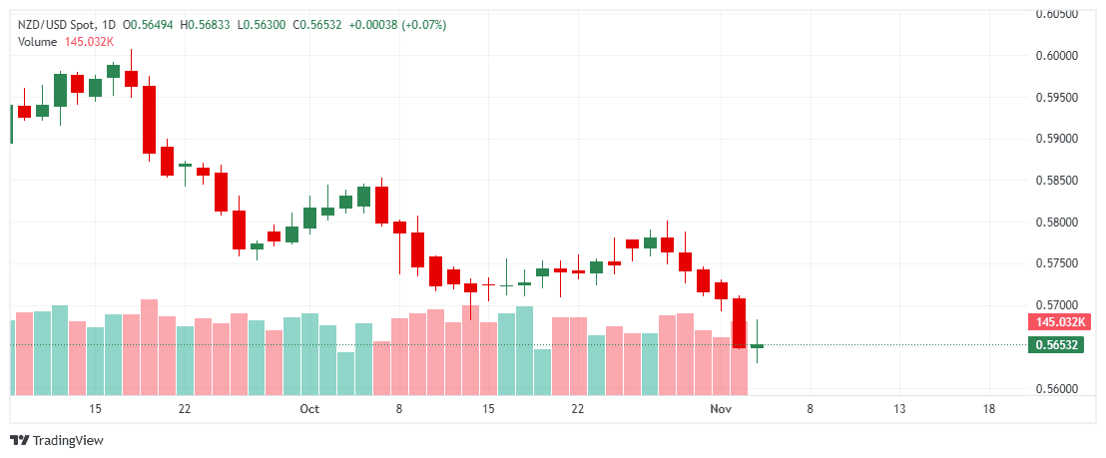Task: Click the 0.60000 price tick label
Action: (x=1056, y=56)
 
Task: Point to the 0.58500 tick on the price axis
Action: (x=1056, y=181)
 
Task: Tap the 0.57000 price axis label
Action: (x=1056, y=304)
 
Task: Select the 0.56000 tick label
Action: (x=1056, y=388)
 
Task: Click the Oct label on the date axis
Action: (x=308, y=409)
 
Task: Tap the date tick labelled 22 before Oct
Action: (x=185, y=409)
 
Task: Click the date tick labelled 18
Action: (x=988, y=409)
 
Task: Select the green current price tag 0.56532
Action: (x=1056, y=345)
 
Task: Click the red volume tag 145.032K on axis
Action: (x=1060, y=322)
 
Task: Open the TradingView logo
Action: (x=57, y=440)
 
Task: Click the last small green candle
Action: (x=757, y=345)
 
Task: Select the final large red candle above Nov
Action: (x=739, y=322)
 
